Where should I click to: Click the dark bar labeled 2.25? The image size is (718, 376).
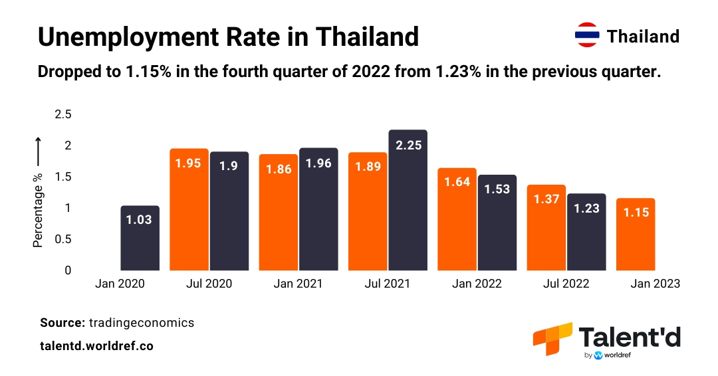point(408,200)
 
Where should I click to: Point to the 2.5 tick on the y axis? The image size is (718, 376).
point(62,115)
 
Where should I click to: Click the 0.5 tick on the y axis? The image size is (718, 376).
point(62,239)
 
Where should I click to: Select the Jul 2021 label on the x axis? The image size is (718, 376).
point(387,284)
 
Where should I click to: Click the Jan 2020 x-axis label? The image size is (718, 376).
point(120,284)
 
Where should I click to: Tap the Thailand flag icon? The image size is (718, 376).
point(587,36)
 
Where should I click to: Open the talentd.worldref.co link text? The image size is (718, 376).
point(96,346)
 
